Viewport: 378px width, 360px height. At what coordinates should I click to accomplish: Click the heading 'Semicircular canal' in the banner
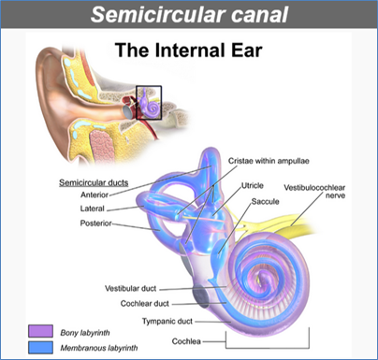(188, 17)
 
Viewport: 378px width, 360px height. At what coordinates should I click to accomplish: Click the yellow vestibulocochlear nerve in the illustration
(309, 224)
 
